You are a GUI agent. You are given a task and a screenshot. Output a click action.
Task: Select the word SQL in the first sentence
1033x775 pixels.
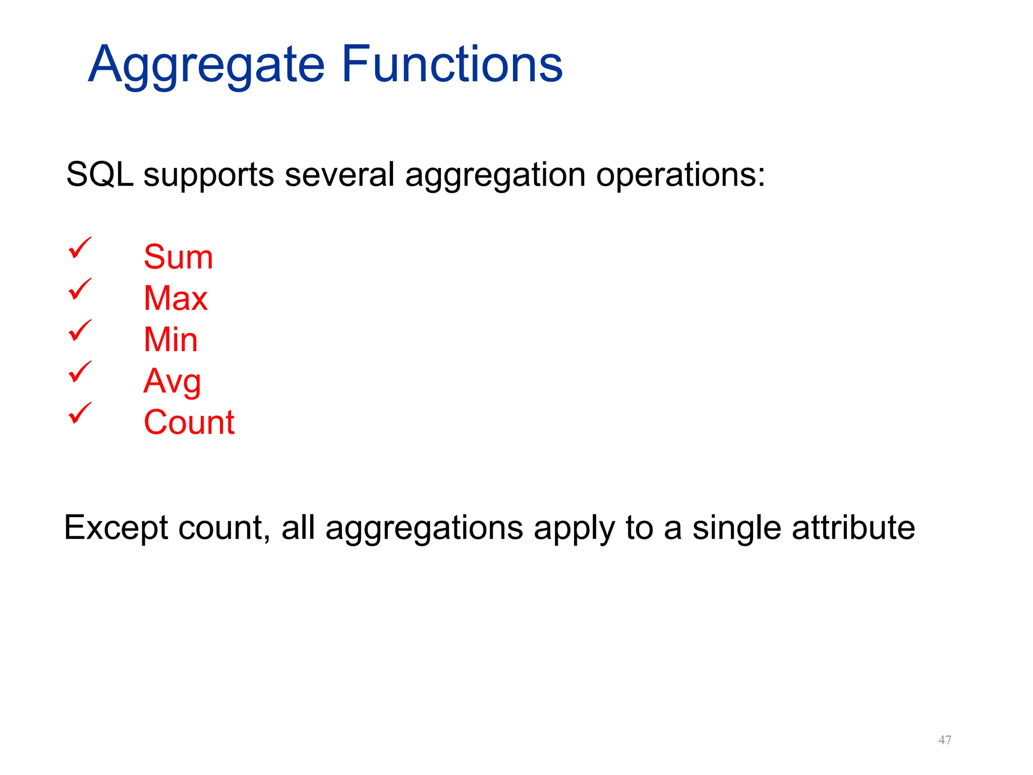100,175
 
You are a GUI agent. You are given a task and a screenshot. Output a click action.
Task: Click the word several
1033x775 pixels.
339,175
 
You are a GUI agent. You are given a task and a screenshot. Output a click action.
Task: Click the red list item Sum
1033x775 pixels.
178,257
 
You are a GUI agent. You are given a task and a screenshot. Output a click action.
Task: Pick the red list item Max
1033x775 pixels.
176,298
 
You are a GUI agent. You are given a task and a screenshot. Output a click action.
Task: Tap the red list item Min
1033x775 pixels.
170,340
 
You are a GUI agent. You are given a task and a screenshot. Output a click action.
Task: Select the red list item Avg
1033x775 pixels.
172,382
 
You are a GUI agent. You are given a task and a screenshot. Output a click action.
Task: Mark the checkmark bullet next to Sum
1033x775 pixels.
80,248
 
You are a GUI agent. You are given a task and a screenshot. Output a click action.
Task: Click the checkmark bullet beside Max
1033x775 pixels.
80,289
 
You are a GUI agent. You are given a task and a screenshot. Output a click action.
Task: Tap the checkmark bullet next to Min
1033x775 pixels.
80,330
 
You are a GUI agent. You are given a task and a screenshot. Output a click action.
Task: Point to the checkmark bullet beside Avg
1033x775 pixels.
80,372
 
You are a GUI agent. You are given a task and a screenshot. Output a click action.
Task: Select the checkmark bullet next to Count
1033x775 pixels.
80,413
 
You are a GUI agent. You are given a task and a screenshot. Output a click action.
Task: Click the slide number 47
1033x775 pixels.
945,740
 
